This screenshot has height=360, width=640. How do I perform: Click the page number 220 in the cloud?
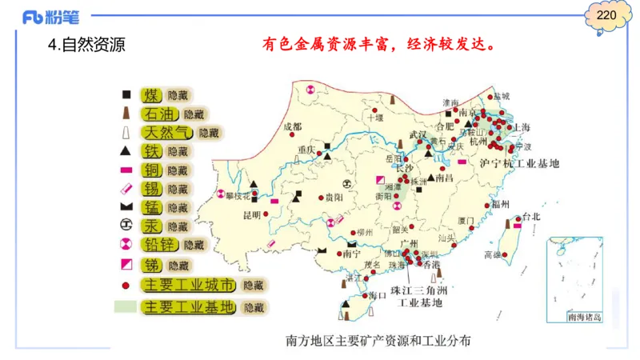(x=606, y=16)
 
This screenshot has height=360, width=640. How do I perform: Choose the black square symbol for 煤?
(x=126, y=94)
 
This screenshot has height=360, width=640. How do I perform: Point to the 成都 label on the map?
(x=293, y=126)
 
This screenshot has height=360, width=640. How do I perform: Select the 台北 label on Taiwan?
(x=530, y=216)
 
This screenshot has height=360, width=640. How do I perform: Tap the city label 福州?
(x=500, y=204)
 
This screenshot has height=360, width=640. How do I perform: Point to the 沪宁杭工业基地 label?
(x=518, y=163)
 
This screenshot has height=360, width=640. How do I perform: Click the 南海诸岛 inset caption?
(x=583, y=318)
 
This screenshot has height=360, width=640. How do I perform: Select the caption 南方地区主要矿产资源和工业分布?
(x=378, y=341)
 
